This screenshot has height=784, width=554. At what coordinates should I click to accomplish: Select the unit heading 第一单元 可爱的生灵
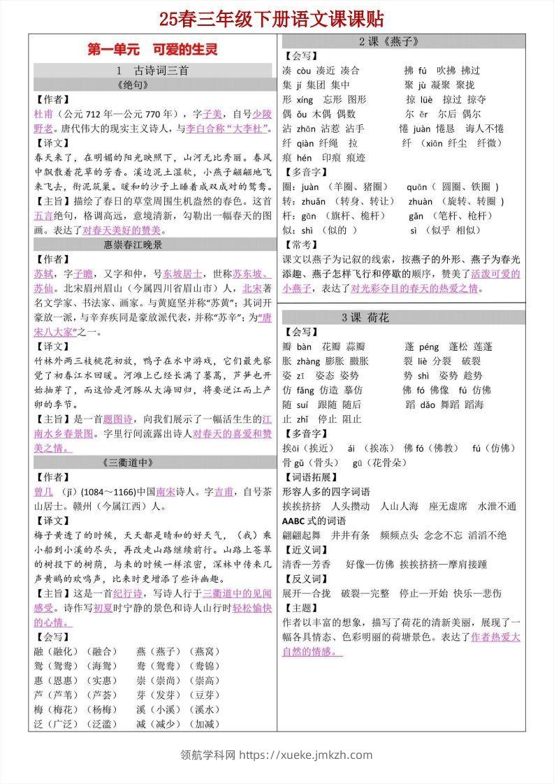tap(152, 50)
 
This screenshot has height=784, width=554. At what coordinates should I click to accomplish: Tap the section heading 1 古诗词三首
tap(152, 70)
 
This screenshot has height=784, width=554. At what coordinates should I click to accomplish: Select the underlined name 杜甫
tap(42, 113)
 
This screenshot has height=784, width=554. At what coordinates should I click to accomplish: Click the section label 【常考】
tap(297, 245)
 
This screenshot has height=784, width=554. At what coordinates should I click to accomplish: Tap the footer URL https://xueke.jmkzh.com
tap(307, 755)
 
